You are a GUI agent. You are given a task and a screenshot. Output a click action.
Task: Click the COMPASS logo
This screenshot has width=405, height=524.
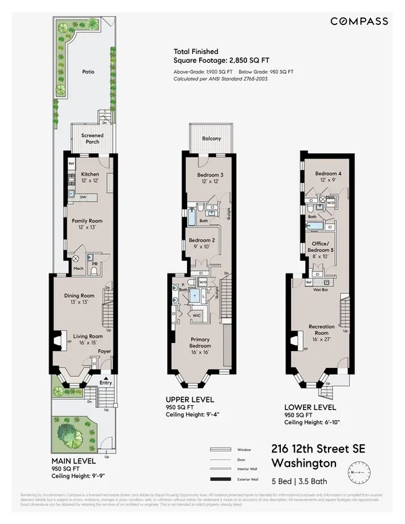coord(358,22)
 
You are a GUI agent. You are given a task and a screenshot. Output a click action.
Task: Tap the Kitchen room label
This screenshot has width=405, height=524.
coord(90,174)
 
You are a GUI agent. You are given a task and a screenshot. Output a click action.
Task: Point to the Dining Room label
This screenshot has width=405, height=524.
coord(78,296)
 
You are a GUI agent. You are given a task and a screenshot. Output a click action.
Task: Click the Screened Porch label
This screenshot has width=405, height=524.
coord(92,138)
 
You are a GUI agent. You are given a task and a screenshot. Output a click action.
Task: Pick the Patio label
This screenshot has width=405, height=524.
coord(88,70)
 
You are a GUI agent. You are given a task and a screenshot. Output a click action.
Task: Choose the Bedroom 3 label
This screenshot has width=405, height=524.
coord(211,175)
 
